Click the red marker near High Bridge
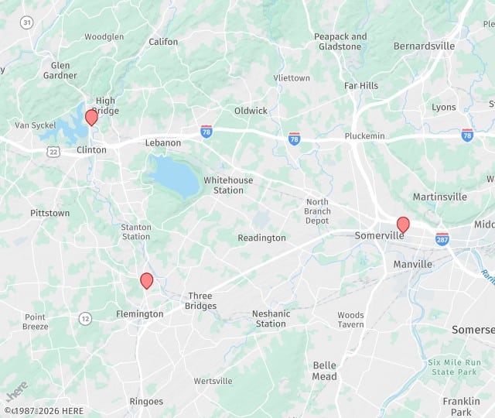(91, 117)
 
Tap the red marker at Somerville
(403, 224)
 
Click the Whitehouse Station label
(228, 185)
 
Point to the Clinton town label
(91, 150)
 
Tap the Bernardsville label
(424, 46)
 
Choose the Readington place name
(261, 238)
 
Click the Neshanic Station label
(271, 318)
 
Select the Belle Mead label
(325, 371)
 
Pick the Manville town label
(412, 264)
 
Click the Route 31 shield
(27, 22)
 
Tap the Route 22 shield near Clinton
(53, 152)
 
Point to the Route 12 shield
(85, 318)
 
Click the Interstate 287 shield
(442, 238)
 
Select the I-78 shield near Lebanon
(207, 131)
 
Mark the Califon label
(163, 42)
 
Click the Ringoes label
(146, 401)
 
